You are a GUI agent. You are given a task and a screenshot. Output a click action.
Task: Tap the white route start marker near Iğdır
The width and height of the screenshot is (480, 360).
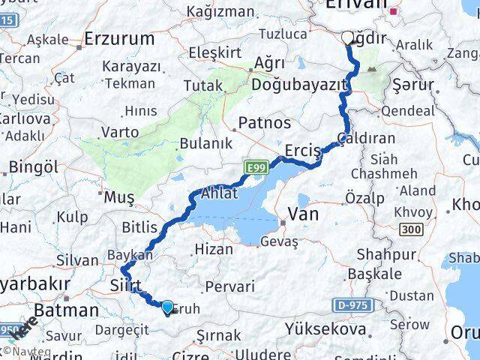click(347, 37)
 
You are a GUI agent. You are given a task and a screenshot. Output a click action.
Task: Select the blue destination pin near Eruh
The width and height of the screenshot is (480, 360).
click(167, 306)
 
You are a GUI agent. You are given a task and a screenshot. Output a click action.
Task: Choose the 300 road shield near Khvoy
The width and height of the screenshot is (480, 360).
click(407, 228)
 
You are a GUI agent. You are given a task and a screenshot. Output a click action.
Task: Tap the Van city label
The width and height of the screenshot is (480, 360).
click(303, 214)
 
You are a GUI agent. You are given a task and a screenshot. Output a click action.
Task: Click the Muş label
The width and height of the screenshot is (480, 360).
click(118, 197)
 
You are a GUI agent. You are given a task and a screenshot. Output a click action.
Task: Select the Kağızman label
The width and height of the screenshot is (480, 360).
click(221, 10)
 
